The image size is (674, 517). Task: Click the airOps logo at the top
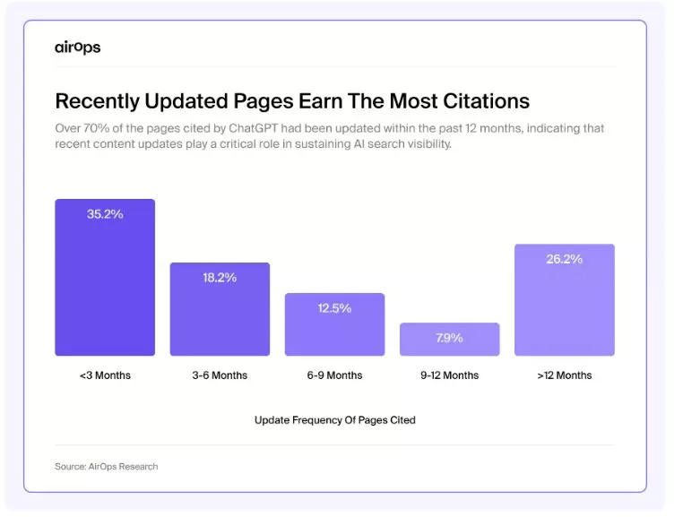pyautogui.click(x=77, y=47)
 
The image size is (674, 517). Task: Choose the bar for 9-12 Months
pyautogui.click(x=449, y=340)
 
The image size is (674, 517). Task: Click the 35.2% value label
pyautogui.click(x=105, y=214)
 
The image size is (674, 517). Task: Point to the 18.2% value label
pyautogui.click(x=220, y=278)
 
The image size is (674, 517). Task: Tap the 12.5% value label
pyautogui.click(x=334, y=308)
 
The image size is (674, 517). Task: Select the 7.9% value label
pyautogui.click(x=449, y=338)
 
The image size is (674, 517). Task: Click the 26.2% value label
pyautogui.click(x=564, y=259)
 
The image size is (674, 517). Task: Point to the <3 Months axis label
pyautogui.click(x=105, y=375)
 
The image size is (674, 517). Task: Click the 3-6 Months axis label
pyautogui.click(x=220, y=375)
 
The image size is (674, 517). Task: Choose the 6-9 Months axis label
pyautogui.click(x=334, y=375)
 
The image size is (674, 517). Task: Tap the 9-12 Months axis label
pyautogui.click(x=449, y=375)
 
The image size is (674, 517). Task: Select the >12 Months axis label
pyautogui.click(x=564, y=375)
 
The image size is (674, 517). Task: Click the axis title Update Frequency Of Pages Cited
pyautogui.click(x=334, y=419)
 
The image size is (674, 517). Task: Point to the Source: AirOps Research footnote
pyautogui.click(x=106, y=466)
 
